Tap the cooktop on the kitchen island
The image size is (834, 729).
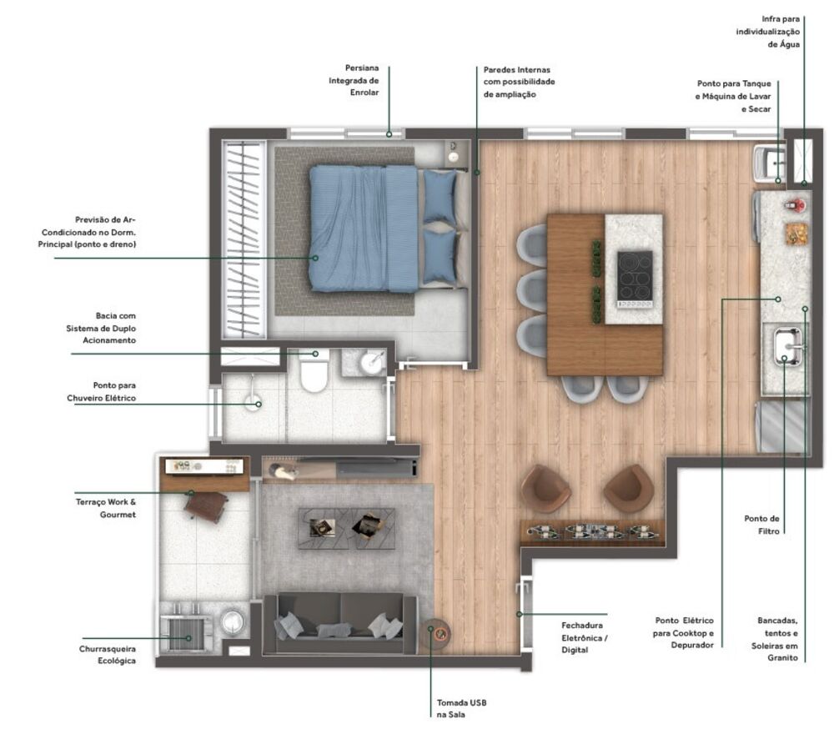(x=635, y=276)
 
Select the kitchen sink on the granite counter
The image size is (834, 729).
(x=786, y=346)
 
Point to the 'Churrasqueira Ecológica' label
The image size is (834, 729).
(x=108, y=655)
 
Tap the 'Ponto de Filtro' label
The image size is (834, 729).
(x=761, y=524)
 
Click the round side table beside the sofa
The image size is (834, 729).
(x=435, y=636)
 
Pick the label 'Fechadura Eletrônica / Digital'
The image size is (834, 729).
(x=584, y=636)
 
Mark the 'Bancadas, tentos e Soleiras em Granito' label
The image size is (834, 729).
(x=777, y=639)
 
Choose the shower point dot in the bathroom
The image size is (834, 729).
(x=259, y=405)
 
